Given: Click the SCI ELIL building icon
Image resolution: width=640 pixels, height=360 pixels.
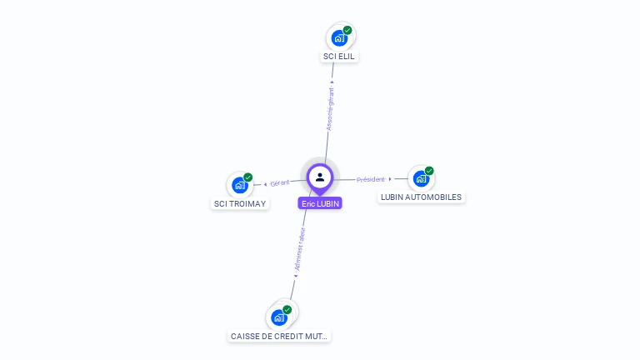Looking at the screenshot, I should coord(338,37).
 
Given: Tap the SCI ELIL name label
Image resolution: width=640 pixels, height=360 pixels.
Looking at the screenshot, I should coord(340,57).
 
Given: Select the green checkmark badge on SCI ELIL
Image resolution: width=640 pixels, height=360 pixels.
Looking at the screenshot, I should coord(347,30).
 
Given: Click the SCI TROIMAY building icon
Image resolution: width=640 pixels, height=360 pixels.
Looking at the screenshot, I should coord(239,185).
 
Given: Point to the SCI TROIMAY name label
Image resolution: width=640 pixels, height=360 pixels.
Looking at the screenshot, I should coord(241,203).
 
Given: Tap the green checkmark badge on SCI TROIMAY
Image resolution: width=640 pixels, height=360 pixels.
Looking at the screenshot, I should coord(247,177).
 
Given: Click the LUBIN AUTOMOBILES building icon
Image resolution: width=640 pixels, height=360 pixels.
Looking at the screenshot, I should coord(420,178).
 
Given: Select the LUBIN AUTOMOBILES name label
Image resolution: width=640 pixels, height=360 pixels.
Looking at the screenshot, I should coord(421,197).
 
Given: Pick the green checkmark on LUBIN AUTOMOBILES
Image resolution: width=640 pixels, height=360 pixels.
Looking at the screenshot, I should coord(429,171).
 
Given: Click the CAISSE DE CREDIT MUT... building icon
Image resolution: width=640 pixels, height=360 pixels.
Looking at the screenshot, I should coord(278,317).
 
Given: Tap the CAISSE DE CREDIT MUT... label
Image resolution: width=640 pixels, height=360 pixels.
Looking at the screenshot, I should coord(280,336).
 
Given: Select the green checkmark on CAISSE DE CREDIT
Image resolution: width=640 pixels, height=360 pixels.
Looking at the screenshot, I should coord(287,310).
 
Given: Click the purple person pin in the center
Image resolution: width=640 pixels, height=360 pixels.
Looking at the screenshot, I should coord(320,177).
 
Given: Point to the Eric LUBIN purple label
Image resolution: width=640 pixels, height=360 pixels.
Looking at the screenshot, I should coord(321,203).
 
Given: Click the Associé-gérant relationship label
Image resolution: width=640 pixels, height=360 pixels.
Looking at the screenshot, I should coord(330,109).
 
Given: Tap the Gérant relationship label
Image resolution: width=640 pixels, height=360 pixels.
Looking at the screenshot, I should coord(279,182).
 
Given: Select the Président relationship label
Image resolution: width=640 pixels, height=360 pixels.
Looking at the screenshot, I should coord(371,179).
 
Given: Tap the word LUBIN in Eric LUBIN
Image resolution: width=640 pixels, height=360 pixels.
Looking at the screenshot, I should coord(327,203).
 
